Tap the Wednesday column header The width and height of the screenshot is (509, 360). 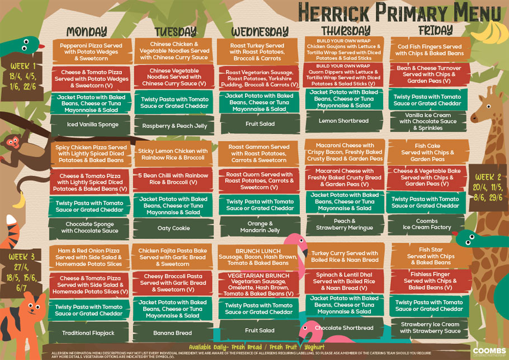[x=260, y=31]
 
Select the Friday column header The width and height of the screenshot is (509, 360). [x=435, y=30]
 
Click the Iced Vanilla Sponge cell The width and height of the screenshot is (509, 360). [x=92, y=125]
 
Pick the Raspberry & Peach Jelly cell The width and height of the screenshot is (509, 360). [x=174, y=126]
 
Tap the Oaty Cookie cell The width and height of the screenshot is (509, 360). [x=173, y=228]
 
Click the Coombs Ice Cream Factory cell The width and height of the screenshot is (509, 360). [x=427, y=224]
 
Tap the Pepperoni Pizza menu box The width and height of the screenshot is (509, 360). [x=91, y=51]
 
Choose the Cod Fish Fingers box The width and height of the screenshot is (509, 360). [x=430, y=50]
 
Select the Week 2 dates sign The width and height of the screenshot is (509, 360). [x=487, y=188]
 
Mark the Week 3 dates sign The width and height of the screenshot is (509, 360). [x=22, y=272]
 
